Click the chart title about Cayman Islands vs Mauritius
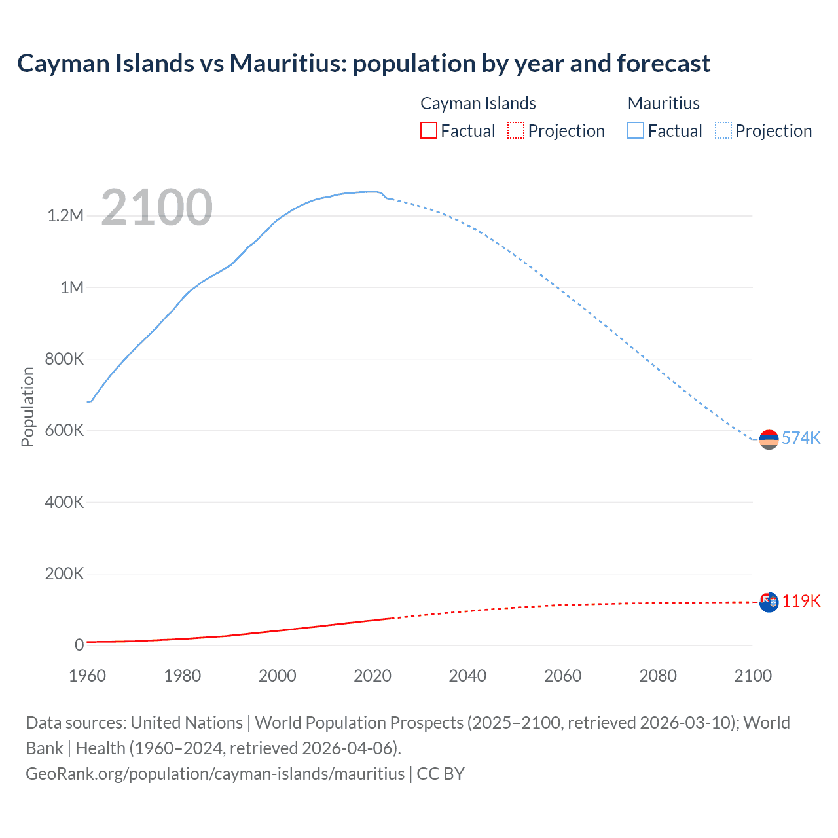363,64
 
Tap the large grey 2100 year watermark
157,208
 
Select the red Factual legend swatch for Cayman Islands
429,130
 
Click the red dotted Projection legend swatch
516,130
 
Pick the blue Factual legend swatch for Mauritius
636,130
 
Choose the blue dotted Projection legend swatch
723,130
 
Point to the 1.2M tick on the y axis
65,216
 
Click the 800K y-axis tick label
64,359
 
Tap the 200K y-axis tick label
64,574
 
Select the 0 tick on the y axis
79,646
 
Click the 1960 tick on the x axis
87,676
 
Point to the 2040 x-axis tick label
467,676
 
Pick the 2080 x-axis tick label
658,676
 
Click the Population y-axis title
27,407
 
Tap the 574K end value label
801,438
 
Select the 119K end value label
801,601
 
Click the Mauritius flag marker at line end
769,439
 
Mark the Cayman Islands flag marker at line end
769,602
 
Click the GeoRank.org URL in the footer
215,774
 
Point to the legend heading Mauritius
663,103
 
